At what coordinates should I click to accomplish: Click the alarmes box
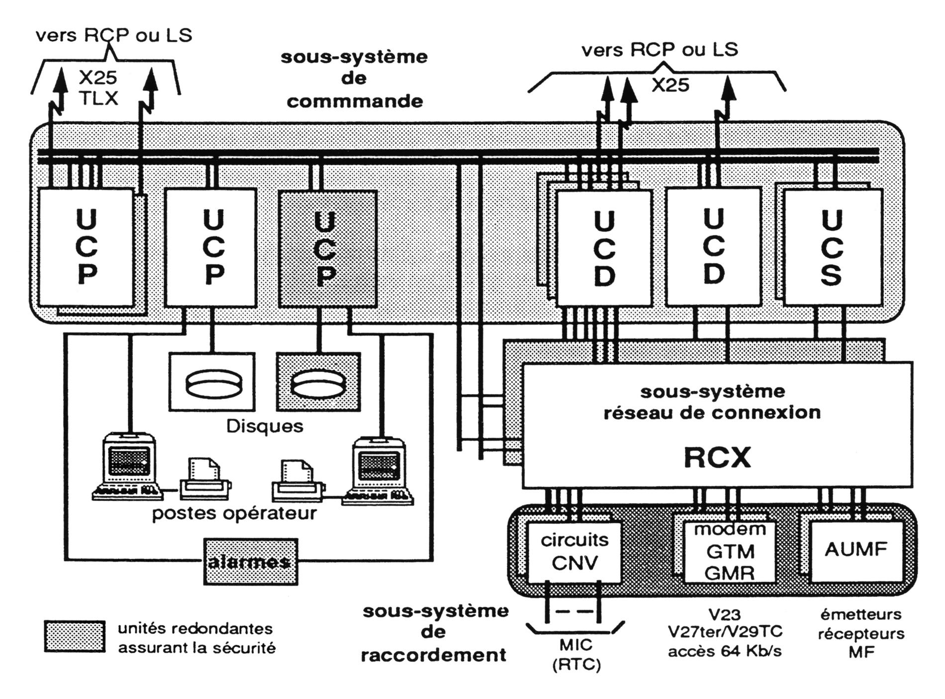[x=250, y=562]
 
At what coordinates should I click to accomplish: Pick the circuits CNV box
[x=574, y=552]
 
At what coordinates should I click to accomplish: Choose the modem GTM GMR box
[x=730, y=552]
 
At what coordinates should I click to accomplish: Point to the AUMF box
[x=856, y=550]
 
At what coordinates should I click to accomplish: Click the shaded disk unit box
[x=318, y=382]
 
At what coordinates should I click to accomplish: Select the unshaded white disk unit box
[x=212, y=382]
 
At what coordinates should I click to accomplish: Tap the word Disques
[x=265, y=426]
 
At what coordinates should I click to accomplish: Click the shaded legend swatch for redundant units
[x=75, y=636]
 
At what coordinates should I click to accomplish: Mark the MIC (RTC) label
[x=576, y=655]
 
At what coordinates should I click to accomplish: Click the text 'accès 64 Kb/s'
[x=725, y=651]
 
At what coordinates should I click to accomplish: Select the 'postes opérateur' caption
[x=234, y=513]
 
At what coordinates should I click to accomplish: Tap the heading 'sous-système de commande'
[x=354, y=79]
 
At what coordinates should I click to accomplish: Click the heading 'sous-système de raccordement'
[x=435, y=633]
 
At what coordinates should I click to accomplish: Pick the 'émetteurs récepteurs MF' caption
[x=861, y=633]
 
